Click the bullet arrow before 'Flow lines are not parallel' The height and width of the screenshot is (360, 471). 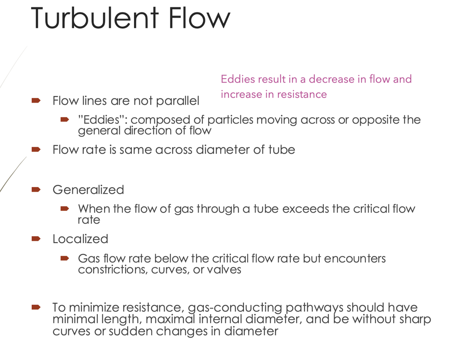tap(36, 101)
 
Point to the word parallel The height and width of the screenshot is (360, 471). tap(178, 101)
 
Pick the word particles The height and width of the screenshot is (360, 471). tap(230, 120)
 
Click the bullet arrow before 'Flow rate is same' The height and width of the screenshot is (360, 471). tap(36, 149)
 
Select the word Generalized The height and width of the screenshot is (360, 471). tap(88, 190)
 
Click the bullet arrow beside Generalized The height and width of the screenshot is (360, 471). tap(36, 190)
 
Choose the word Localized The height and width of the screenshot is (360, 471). tap(80, 239)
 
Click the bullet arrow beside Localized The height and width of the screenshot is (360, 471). tap(36, 239)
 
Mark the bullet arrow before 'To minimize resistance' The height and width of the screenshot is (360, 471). tap(36, 307)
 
